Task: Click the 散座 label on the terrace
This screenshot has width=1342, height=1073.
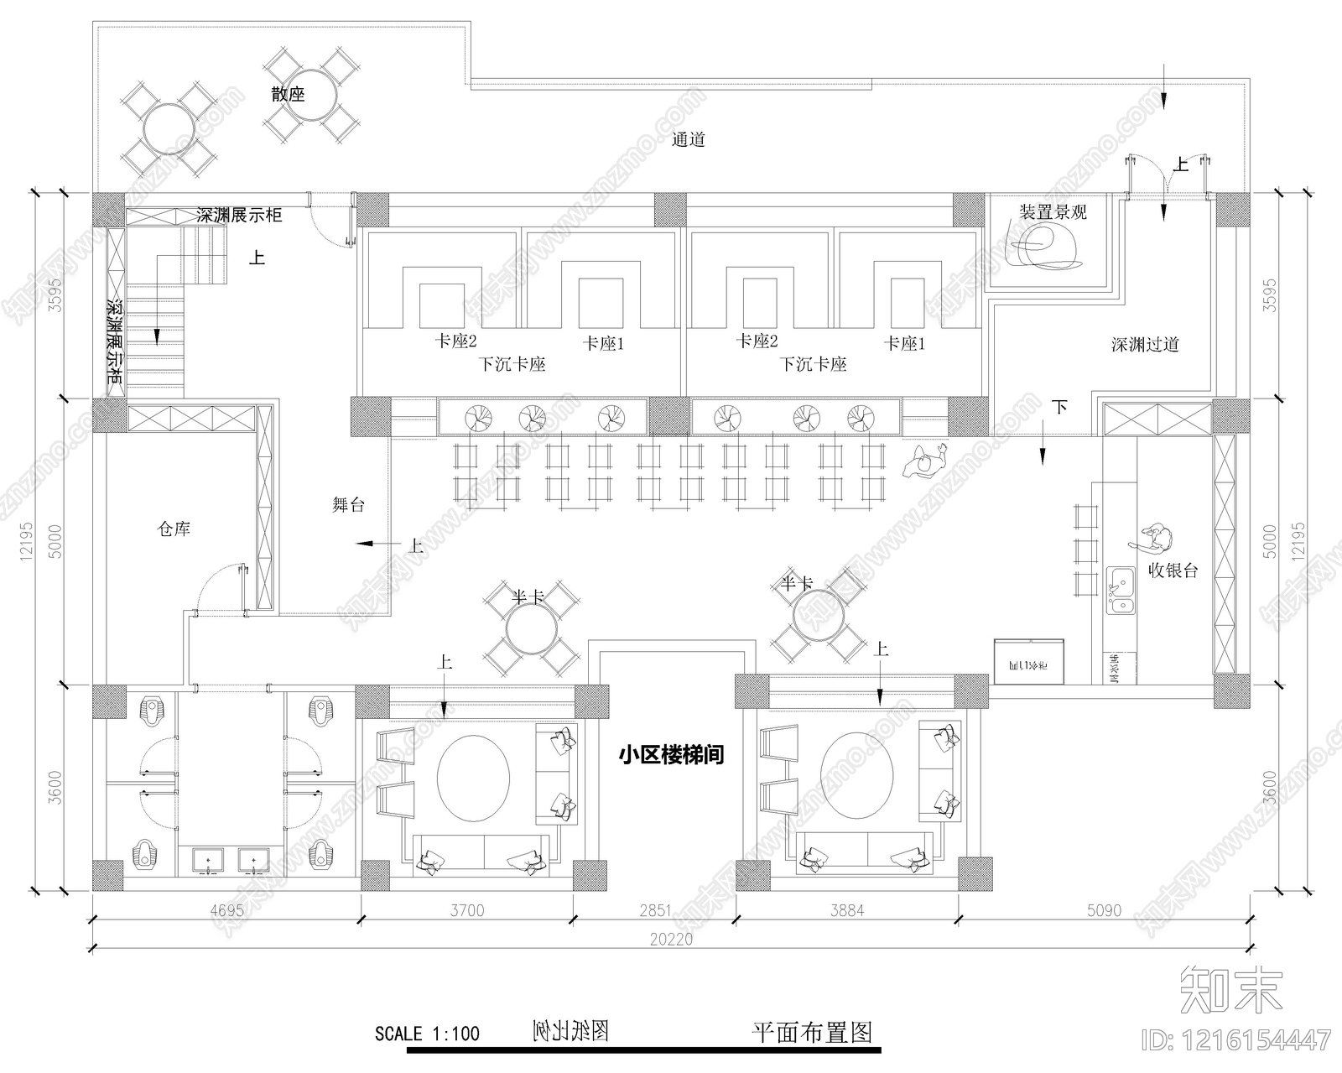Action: coord(288,94)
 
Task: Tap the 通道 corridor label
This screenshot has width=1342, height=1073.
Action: coord(688,140)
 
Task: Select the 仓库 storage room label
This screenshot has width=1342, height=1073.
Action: coord(174,529)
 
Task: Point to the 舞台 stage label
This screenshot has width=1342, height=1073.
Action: coord(348,504)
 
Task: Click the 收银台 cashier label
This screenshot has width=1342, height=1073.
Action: coord(1173,571)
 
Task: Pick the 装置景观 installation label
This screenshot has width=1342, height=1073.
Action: coord(1053,212)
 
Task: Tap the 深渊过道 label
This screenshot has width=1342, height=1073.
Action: coord(1145,344)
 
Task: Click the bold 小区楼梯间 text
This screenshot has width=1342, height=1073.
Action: coord(671,755)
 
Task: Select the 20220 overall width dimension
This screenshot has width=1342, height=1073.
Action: coord(671,940)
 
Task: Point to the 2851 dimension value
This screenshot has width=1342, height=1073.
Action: coord(655,910)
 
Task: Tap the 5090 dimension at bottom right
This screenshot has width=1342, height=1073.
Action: coord(1103,910)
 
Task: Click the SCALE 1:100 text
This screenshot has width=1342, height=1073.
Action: coord(427,1033)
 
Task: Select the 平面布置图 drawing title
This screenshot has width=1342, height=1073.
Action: coord(811,1032)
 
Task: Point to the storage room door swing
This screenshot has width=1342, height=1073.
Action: coord(220,587)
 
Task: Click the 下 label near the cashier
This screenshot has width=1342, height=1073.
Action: coord(1059,408)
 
